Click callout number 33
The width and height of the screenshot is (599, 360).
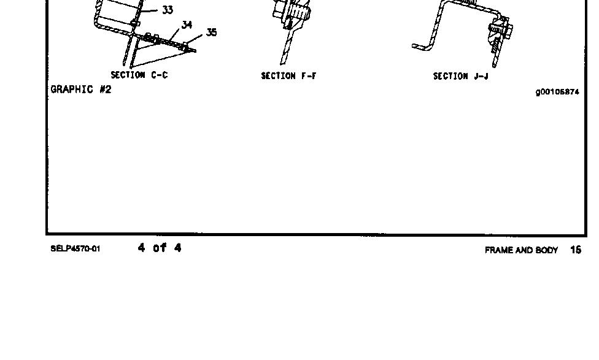(x=168, y=10)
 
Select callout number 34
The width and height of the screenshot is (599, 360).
(x=187, y=25)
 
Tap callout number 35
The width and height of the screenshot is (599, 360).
(x=211, y=32)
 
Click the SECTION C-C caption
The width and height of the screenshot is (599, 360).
(x=139, y=75)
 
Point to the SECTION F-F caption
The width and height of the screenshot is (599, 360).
(x=288, y=76)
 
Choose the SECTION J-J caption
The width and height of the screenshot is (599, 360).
(x=461, y=76)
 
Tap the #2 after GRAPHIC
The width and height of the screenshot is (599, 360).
(x=105, y=90)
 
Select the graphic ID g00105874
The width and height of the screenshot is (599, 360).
(x=557, y=93)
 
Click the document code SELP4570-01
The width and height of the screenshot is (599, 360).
(x=75, y=249)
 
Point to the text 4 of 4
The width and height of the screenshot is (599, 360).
(x=160, y=248)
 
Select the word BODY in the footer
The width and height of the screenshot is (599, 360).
(x=546, y=250)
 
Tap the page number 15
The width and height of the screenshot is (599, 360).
(x=575, y=250)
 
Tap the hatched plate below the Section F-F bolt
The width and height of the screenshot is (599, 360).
(x=286, y=49)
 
